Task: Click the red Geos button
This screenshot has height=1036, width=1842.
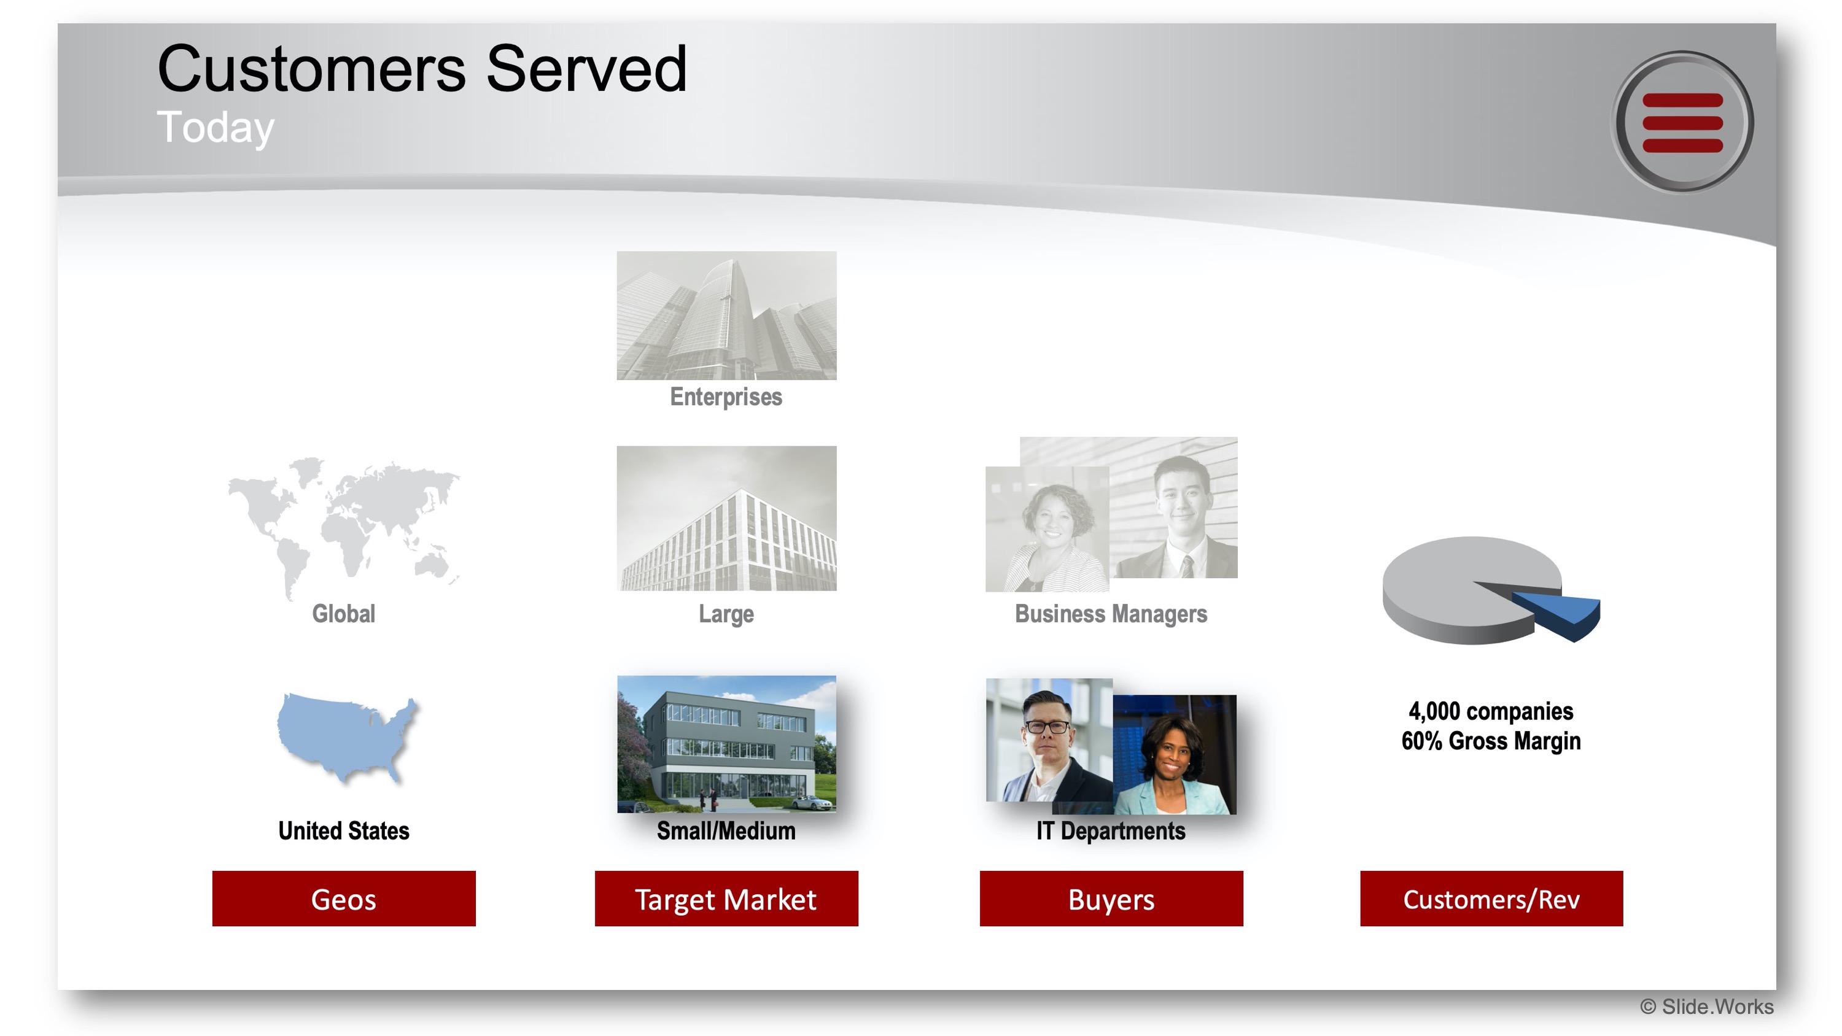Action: [x=343, y=898]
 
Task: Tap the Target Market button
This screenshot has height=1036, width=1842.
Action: [x=726, y=898]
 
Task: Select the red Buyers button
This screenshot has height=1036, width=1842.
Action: [x=1111, y=898]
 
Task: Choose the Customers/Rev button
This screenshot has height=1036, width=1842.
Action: [x=1491, y=898]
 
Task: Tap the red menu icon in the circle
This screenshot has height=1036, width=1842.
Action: [x=1682, y=122]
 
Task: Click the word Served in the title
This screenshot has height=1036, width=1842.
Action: [x=586, y=69]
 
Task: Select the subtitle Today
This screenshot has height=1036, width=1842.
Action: [x=216, y=127]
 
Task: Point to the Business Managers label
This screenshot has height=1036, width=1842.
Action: [x=1111, y=614]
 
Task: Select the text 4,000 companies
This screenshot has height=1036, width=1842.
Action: [x=1491, y=711]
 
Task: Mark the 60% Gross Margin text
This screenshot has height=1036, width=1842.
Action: [x=1491, y=740]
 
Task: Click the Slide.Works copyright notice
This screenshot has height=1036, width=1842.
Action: [x=1706, y=1006]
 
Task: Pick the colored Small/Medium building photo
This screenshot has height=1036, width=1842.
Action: [x=726, y=744]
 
